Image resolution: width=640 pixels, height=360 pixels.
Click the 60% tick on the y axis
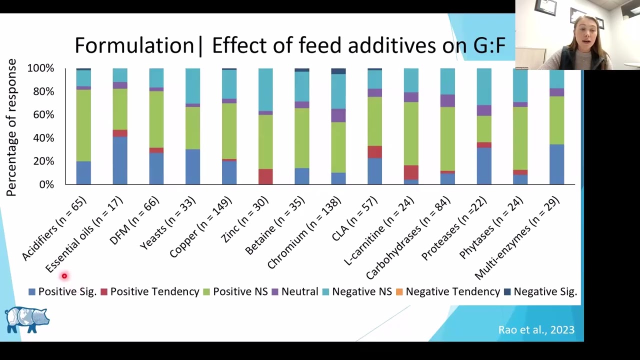coord(43,115)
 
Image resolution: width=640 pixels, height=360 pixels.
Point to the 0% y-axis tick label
coord(46,184)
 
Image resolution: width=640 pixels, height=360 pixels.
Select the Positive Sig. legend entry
coord(62,291)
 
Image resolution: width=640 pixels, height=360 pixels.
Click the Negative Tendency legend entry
coord(448,291)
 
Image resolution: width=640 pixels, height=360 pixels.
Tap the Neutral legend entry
coord(295,291)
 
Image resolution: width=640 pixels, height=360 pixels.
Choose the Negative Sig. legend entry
coord(540,291)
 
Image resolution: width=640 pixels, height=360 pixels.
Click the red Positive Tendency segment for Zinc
coord(265,176)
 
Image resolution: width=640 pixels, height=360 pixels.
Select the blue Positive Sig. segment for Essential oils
coord(120,160)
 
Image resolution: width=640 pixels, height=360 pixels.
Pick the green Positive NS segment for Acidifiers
coord(83,125)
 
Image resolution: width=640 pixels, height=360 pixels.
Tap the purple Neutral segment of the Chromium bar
coord(338,115)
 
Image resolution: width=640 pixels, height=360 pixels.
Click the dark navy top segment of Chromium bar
coord(338,71)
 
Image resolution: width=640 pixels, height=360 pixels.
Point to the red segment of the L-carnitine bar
coord(411,172)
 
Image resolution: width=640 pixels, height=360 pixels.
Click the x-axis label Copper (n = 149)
coord(200,227)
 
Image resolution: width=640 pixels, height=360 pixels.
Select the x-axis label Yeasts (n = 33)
coord(168,223)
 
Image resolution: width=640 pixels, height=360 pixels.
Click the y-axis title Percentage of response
coord(11,127)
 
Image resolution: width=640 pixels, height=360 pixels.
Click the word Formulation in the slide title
coord(134,45)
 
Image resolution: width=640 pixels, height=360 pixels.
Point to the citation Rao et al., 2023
coord(536,329)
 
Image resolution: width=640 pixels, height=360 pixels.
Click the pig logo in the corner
coord(27,319)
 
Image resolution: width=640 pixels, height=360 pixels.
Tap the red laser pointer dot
coord(64,276)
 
